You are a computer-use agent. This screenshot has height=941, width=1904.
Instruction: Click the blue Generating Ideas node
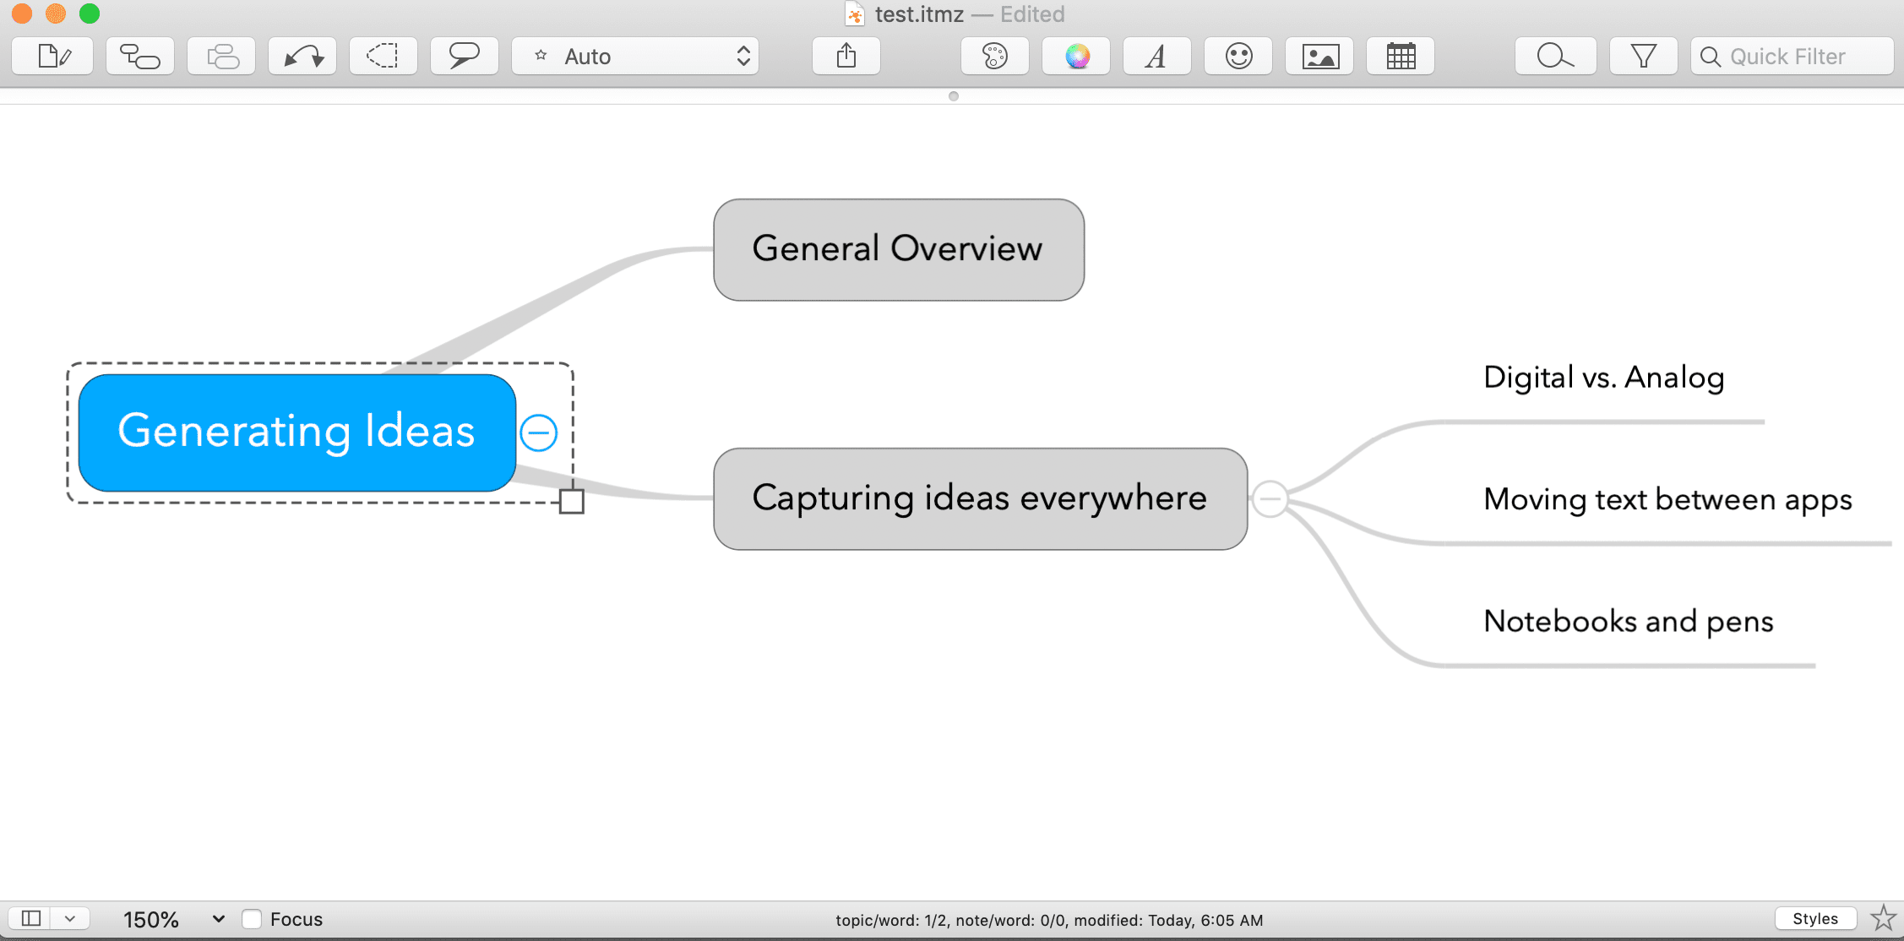[296, 432]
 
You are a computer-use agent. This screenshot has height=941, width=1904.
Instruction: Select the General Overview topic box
[899, 250]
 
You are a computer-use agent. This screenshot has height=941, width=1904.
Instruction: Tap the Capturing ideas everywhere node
[980, 499]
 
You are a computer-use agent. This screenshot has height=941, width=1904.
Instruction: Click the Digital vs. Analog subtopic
[1603, 378]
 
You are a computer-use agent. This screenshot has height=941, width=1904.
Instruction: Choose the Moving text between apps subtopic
[1667, 500]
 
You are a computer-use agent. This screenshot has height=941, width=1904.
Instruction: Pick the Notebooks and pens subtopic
[1628, 622]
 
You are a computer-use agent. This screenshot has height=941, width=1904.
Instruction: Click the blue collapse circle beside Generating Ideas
[539, 433]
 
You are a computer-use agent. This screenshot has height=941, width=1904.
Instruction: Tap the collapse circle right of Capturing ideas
[1270, 499]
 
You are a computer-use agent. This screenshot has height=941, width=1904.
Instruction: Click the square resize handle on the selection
[572, 502]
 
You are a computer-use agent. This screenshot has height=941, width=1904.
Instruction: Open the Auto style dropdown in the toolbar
[635, 57]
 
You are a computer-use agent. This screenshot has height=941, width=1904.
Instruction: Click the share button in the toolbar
[846, 57]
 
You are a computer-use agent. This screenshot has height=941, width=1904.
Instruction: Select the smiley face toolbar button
[1238, 57]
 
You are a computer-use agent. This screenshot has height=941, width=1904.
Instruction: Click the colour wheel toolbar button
[1076, 57]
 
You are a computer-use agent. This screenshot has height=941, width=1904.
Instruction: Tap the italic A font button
[1157, 57]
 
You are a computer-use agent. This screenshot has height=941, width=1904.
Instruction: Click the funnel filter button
[1644, 57]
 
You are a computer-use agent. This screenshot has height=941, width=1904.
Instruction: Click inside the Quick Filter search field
[1792, 57]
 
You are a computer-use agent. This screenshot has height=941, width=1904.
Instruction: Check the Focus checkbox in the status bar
[252, 919]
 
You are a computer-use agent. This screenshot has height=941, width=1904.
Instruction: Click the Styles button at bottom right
[1815, 919]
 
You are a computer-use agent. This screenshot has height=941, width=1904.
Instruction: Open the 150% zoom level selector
[173, 919]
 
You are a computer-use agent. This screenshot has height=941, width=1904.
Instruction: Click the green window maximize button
[90, 14]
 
